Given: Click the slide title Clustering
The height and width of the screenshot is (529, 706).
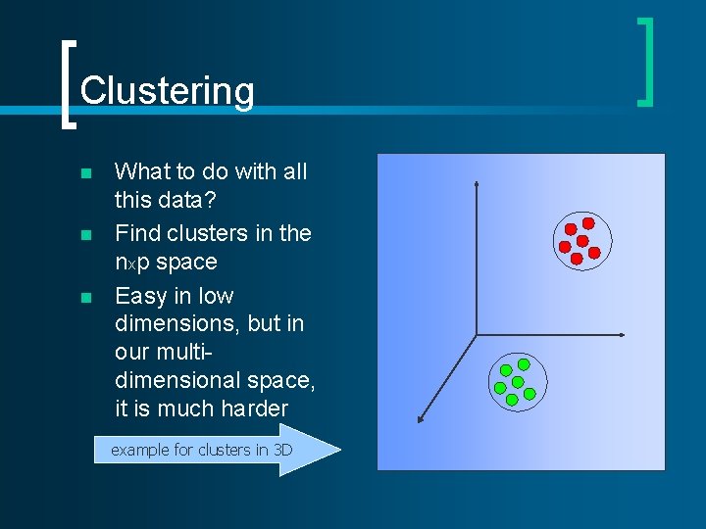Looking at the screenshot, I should [x=167, y=90].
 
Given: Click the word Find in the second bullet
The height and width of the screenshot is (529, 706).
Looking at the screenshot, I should [x=138, y=233].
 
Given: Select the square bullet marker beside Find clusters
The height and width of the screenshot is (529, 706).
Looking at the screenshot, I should [x=85, y=235].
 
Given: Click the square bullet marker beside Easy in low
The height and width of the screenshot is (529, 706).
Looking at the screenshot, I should [x=85, y=298].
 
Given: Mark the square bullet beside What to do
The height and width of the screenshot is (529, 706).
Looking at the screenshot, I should [x=85, y=173].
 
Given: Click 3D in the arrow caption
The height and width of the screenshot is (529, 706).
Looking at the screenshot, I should [x=282, y=451].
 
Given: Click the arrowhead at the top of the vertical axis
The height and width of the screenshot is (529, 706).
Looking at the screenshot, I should [x=476, y=183].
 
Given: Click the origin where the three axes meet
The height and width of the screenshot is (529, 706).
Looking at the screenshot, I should [x=477, y=336].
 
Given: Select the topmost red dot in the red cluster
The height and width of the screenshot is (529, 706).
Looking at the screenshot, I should [x=588, y=223].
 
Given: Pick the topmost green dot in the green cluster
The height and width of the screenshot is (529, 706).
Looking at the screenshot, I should [x=524, y=363].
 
